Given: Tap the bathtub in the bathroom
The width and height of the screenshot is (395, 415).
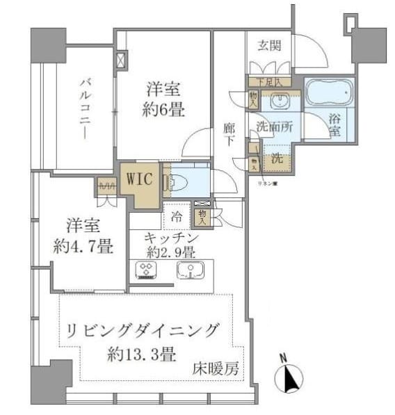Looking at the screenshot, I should click(x=329, y=93).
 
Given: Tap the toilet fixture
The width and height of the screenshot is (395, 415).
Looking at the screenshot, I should click(x=177, y=183).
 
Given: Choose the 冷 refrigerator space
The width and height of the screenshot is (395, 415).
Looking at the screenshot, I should click(x=177, y=218).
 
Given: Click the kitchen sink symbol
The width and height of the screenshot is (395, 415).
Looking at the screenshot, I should click(x=189, y=270).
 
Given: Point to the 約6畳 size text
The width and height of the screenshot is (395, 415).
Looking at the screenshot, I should click(x=165, y=109).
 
